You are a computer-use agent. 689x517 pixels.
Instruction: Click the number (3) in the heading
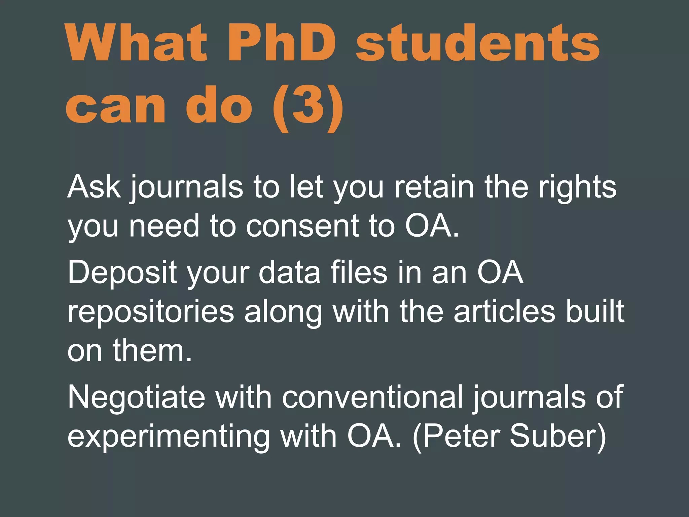click(x=308, y=106)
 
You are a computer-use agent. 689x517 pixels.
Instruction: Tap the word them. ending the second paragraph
click(x=152, y=351)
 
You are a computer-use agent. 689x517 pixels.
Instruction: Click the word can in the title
click(x=116, y=106)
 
